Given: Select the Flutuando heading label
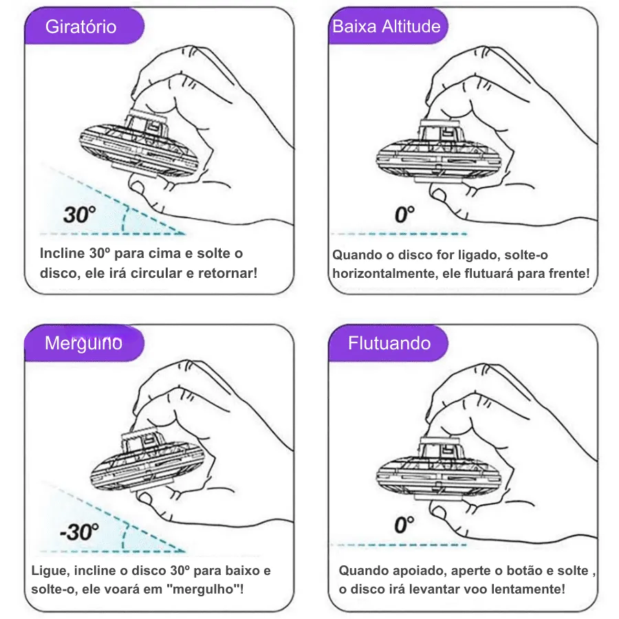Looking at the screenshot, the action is tap(389, 343).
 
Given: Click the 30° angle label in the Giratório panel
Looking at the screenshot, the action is tap(79, 215).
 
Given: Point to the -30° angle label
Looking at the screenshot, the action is tap(79, 532).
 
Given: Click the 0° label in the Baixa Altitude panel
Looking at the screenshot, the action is tap(404, 215).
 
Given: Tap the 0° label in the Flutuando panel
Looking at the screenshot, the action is tap(404, 525).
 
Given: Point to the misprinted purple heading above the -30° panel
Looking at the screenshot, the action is tap(83, 343).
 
